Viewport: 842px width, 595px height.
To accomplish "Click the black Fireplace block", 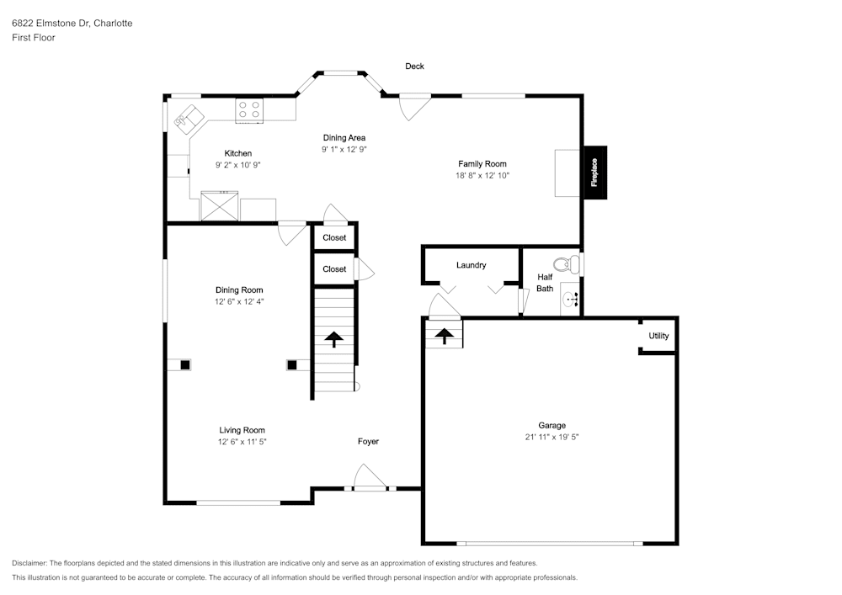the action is tap(595, 173).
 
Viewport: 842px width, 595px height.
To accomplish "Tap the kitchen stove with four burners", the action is tap(249, 110).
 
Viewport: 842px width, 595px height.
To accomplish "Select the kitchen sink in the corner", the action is tap(189, 120).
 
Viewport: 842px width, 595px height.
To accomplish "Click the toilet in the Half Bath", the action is tap(567, 264).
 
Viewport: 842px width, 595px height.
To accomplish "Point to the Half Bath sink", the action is tap(570, 299).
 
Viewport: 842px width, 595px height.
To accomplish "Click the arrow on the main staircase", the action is tap(334, 339).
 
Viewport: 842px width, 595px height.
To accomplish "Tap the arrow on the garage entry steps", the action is tap(444, 336).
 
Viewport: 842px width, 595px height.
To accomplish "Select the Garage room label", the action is tap(552, 426).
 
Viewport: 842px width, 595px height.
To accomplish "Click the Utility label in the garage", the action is tap(659, 336).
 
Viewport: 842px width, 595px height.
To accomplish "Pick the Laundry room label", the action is tap(471, 265).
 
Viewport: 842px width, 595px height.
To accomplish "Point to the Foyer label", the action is tap(369, 442).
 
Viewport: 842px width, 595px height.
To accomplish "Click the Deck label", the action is tap(414, 66).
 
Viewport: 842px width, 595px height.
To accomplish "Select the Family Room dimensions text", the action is tap(482, 175).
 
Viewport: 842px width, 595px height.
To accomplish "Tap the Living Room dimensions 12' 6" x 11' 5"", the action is tap(242, 442).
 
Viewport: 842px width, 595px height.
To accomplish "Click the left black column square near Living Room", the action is tap(185, 365).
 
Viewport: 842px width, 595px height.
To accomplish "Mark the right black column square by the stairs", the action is tap(292, 365).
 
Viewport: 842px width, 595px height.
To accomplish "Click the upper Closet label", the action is tap(334, 237).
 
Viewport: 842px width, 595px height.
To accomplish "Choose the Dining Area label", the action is tap(344, 138).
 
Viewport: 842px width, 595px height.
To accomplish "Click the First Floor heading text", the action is tap(34, 38).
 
